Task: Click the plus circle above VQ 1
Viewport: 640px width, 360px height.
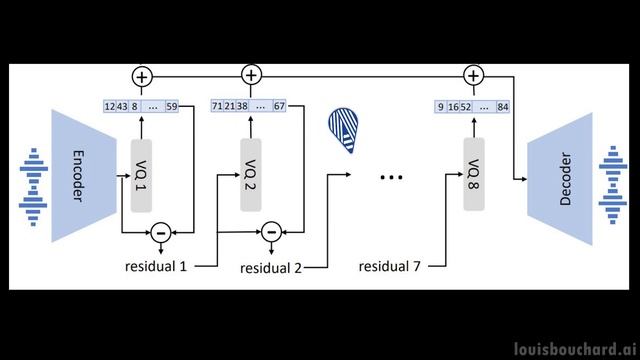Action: pos(140,76)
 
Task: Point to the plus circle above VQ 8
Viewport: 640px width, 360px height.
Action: pos(473,76)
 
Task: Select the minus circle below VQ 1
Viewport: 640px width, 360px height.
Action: pos(159,233)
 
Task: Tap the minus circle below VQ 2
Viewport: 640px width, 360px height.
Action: pos(270,233)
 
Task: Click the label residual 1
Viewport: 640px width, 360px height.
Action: pos(156,266)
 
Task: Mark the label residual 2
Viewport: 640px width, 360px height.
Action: pos(271,268)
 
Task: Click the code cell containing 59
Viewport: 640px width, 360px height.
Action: pos(171,105)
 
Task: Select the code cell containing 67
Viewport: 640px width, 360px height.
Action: pos(279,105)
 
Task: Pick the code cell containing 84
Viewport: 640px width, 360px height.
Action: pos(502,105)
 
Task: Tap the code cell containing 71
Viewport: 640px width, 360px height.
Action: pos(217,105)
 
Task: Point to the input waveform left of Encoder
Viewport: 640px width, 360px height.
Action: pos(32,180)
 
